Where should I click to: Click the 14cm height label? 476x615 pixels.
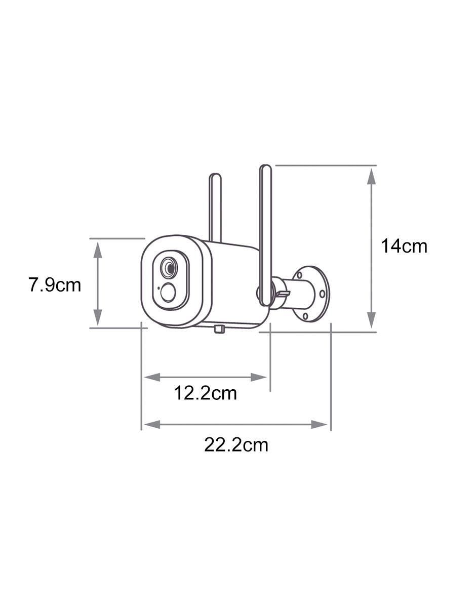pos(404,246)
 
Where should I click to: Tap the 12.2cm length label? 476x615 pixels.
pos(205,393)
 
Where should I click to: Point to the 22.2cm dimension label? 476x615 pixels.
pos(236,445)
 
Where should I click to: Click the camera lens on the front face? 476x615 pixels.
pos(169,267)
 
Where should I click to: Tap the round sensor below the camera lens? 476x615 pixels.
pos(168,293)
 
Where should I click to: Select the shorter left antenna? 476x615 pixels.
pos(215,208)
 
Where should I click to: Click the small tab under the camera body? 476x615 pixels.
pos(219,330)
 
